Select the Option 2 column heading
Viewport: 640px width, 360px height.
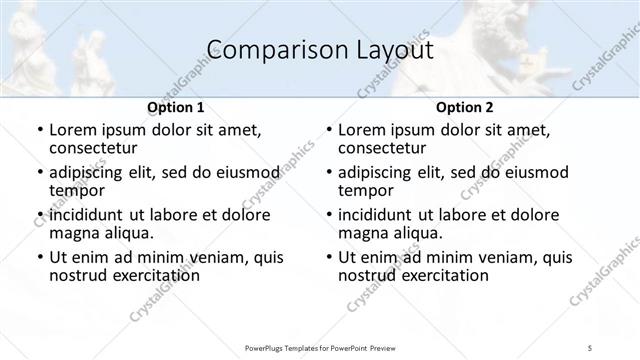coord(464,107)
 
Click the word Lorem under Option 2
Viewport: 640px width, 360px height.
coord(363,130)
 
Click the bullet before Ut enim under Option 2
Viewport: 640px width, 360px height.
coord(330,258)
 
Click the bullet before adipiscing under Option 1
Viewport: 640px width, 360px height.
coord(41,173)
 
